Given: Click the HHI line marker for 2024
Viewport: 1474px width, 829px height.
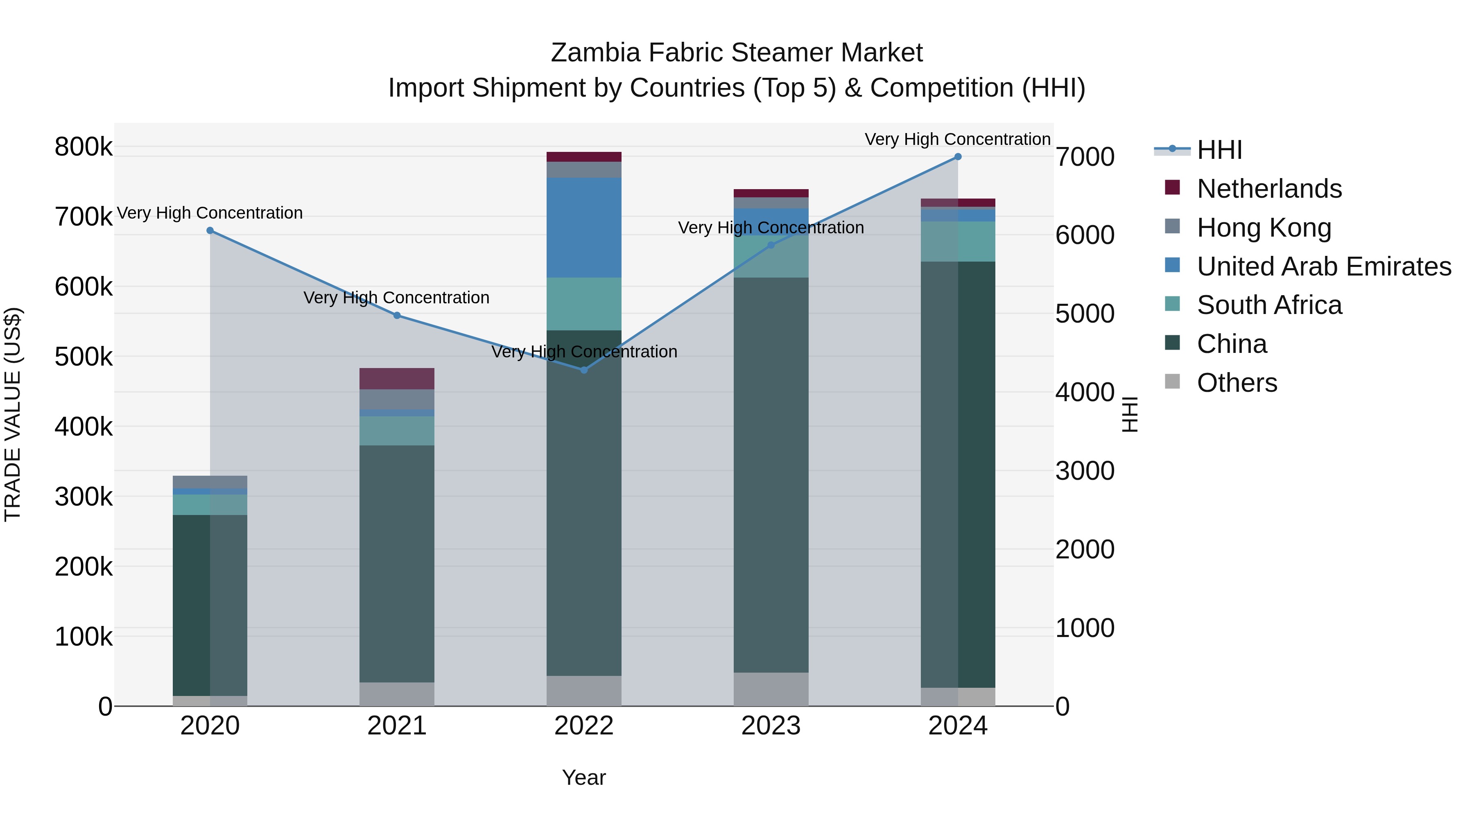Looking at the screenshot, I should [957, 157].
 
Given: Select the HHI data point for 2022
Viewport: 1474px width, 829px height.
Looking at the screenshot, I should [583, 370].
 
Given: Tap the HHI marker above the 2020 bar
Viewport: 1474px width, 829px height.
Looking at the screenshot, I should [210, 230].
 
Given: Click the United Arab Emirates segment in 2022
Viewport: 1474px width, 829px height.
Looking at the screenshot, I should [583, 228].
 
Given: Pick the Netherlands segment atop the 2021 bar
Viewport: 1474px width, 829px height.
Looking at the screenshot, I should [396, 379].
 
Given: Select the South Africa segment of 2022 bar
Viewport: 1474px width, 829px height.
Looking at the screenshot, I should [583, 304].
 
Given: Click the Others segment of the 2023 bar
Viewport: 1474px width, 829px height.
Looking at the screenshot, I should [771, 689].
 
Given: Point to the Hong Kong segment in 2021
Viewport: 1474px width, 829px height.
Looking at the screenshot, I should [396, 399].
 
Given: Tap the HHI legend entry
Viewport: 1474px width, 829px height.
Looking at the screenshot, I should [1219, 150].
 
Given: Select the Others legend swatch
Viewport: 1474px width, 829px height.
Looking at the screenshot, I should [1172, 382].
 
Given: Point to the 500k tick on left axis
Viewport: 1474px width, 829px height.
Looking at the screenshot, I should [84, 357].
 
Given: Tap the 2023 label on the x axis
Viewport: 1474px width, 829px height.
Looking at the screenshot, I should [771, 726].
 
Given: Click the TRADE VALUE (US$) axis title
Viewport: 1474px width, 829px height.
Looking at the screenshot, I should [13, 414].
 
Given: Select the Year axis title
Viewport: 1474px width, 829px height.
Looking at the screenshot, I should [583, 777].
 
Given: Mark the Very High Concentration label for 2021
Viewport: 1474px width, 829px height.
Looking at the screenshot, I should [396, 298].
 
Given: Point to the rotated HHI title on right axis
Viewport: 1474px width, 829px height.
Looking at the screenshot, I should [1130, 414].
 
